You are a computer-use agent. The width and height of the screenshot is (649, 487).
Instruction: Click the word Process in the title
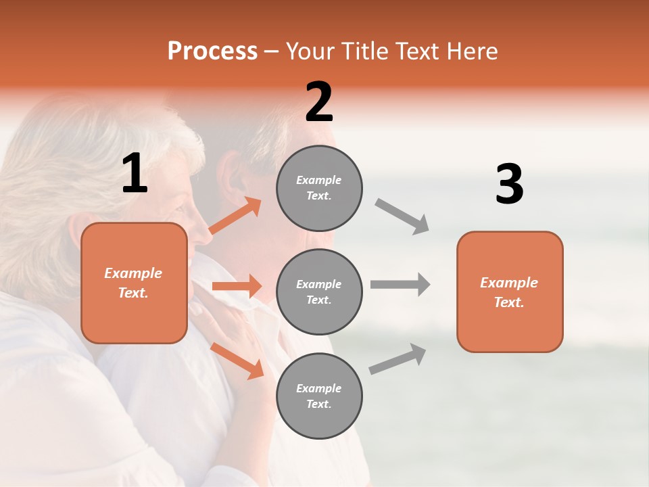(x=212, y=51)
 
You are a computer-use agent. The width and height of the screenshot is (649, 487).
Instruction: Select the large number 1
(x=135, y=175)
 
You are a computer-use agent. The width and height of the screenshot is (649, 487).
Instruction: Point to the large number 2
(x=319, y=102)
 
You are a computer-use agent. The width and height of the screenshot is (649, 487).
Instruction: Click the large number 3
(x=509, y=185)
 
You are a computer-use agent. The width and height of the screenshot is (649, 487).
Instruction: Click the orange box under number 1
(x=134, y=283)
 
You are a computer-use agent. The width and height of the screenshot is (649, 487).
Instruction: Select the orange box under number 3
(x=510, y=292)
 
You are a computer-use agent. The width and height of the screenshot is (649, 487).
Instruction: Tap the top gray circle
(x=319, y=188)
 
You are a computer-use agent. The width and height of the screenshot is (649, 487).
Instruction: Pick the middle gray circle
(x=319, y=292)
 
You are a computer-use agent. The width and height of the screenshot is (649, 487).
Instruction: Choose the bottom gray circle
(x=319, y=396)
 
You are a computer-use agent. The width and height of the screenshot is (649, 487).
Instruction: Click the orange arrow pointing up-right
(x=235, y=216)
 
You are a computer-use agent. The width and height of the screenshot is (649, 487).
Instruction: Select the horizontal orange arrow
(x=237, y=286)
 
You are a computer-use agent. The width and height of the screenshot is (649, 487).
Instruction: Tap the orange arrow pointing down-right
(x=237, y=361)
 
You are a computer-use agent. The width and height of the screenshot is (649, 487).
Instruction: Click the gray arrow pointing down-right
(x=402, y=216)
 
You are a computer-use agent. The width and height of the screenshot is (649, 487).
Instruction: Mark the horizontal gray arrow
(x=400, y=284)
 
